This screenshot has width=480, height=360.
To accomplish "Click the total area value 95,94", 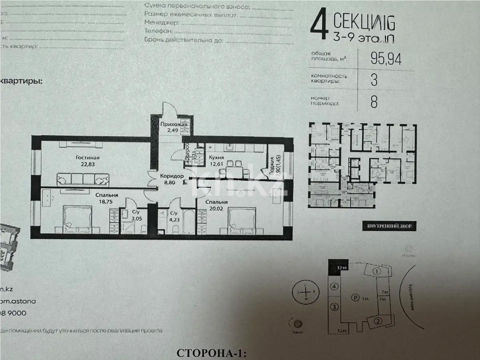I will (x=386, y=59).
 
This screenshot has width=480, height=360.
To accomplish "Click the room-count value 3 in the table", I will (x=374, y=80).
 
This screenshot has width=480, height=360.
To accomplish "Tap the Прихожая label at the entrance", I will (x=172, y=124).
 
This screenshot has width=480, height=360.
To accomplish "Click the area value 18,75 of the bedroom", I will (x=103, y=202).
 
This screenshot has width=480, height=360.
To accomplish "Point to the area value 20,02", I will (x=217, y=208).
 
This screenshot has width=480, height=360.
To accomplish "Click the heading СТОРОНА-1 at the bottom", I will (x=212, y=353).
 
